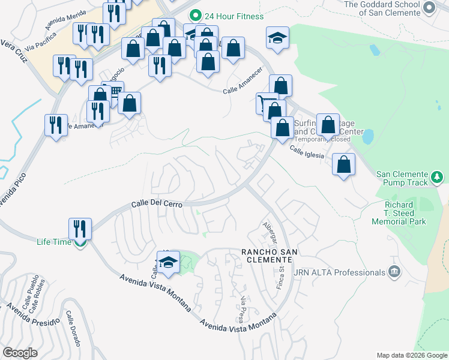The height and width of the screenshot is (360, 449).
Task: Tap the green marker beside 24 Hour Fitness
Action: (194, 15)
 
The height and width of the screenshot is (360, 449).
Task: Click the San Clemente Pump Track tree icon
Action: (438, 178)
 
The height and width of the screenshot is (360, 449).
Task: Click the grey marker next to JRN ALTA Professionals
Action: (394, 272)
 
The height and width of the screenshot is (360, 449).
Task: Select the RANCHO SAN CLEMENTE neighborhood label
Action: (267, 255)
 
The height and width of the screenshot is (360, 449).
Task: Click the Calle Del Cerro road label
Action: (157, 204)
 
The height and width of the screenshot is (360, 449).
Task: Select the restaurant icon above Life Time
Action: (80, 229)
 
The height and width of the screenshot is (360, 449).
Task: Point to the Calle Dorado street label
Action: (73, 329)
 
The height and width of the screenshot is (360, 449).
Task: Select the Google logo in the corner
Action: (20, 353)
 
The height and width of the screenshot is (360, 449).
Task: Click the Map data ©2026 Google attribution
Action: (411, 355)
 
